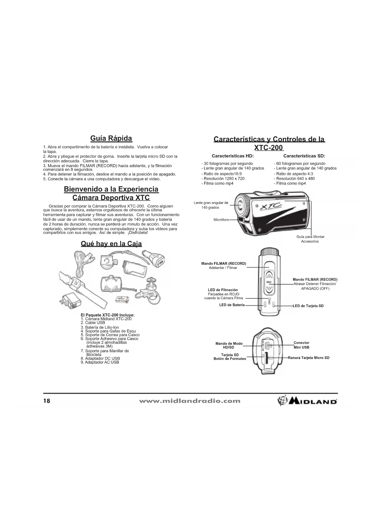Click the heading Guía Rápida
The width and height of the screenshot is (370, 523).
111,138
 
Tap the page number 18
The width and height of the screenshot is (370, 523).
47,401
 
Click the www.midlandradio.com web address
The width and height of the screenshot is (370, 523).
190,401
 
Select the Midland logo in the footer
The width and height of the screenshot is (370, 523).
307,401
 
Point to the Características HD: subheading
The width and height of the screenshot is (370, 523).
233,156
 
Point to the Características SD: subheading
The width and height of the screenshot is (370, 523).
304,156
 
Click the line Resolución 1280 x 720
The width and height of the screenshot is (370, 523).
224,179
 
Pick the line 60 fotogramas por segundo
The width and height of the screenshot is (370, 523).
300,163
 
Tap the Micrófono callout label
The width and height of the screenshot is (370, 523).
221,220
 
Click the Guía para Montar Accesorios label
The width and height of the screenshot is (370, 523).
310,239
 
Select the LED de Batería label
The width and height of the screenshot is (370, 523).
232,305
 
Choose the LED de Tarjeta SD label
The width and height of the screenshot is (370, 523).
308,306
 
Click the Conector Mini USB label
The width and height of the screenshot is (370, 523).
301,345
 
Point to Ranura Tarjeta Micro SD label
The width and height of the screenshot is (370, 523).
309,358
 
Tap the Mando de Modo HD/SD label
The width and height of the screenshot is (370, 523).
229,346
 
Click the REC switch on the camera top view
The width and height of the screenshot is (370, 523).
269,282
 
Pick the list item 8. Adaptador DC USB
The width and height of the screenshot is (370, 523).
100,358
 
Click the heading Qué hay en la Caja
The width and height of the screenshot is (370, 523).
111,244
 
